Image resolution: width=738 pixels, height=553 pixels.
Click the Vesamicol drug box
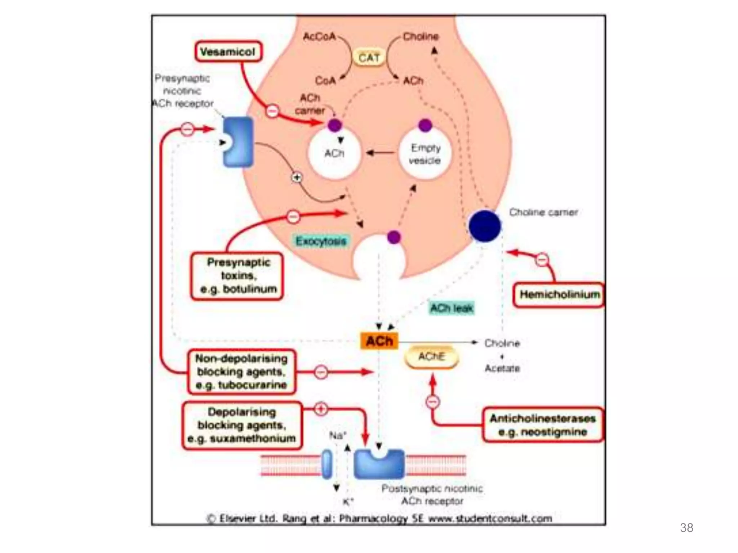point(228,52)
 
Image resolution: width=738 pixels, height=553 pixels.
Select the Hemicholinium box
point(559,295)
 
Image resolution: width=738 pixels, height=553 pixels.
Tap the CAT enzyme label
point(369,58)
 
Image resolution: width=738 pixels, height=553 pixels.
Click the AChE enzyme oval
point(432,357)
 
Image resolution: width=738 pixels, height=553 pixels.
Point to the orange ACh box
point(379,341)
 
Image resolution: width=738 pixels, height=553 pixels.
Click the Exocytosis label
point(321,240)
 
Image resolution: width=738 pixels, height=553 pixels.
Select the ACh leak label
point(452,308)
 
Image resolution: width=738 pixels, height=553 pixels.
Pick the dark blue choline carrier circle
point(485,226)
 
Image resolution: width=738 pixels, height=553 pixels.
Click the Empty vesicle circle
point(425,154)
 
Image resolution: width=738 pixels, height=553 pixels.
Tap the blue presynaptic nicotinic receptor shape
point(239,142)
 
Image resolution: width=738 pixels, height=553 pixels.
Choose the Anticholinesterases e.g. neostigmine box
point(542,425)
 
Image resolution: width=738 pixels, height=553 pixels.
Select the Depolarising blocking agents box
point(242,425)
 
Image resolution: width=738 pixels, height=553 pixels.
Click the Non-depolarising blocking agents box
point(241,372)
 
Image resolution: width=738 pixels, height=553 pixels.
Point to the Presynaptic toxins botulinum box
point(237,275)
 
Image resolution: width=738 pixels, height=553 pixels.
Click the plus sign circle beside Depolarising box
point(321,409)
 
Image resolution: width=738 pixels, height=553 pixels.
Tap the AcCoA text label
point(319,36)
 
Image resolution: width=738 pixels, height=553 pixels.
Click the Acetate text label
point(502,368)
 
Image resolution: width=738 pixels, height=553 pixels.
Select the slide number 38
point(686,528)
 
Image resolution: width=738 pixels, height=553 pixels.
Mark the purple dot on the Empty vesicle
point(425,125)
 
